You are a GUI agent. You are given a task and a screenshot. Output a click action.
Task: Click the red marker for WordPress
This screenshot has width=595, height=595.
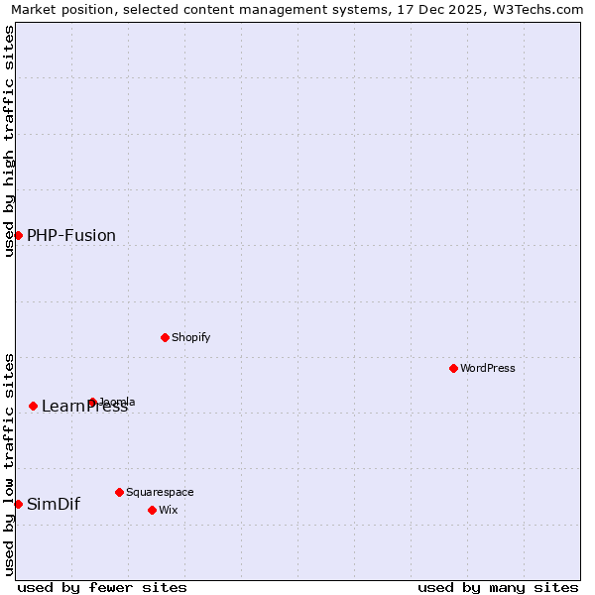[x=453, y=368]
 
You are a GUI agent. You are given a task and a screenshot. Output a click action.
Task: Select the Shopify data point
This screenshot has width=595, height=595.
[x=165, y=337]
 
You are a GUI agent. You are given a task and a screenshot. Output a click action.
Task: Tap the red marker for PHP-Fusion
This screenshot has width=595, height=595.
[x=18, y=235]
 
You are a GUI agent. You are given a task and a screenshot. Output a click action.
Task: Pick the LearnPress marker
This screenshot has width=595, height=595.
[x=33, y=406]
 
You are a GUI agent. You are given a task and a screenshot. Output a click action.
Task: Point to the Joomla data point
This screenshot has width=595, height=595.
[x=92, y=402]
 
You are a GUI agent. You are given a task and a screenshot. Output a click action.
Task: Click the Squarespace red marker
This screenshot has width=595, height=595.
[x=119, y=492]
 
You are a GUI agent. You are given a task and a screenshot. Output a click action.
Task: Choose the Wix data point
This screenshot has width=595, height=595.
[x=152, y=510]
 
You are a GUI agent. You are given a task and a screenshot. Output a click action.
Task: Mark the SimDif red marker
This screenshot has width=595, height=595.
[x=18, y=504]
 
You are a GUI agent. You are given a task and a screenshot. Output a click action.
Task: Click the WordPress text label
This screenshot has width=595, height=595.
[x=488, y=368]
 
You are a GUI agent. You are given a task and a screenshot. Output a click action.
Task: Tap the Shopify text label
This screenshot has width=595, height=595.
[x=191, y=337]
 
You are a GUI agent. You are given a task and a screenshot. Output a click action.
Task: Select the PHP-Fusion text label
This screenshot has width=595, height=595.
[x=71, y=235]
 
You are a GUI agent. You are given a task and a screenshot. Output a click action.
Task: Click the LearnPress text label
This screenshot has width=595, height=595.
[x=85, y=407]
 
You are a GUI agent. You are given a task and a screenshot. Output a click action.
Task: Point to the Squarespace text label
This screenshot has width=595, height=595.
[x=160, y=492]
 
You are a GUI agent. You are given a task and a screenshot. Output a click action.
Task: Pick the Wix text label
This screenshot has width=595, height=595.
[x=169, y=510]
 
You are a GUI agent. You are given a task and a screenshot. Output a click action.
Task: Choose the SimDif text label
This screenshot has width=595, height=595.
[x=54, y=504]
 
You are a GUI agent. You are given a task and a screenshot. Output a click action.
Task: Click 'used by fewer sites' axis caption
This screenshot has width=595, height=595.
[x=102, y=587]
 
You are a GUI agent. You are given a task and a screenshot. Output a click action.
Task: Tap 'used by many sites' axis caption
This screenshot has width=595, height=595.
[x=498, y=587]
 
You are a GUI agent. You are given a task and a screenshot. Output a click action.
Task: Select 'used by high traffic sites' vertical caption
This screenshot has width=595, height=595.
[x=9, y=141]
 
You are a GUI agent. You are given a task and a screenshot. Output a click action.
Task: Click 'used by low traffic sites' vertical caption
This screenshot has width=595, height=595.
[x=9, y=464]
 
